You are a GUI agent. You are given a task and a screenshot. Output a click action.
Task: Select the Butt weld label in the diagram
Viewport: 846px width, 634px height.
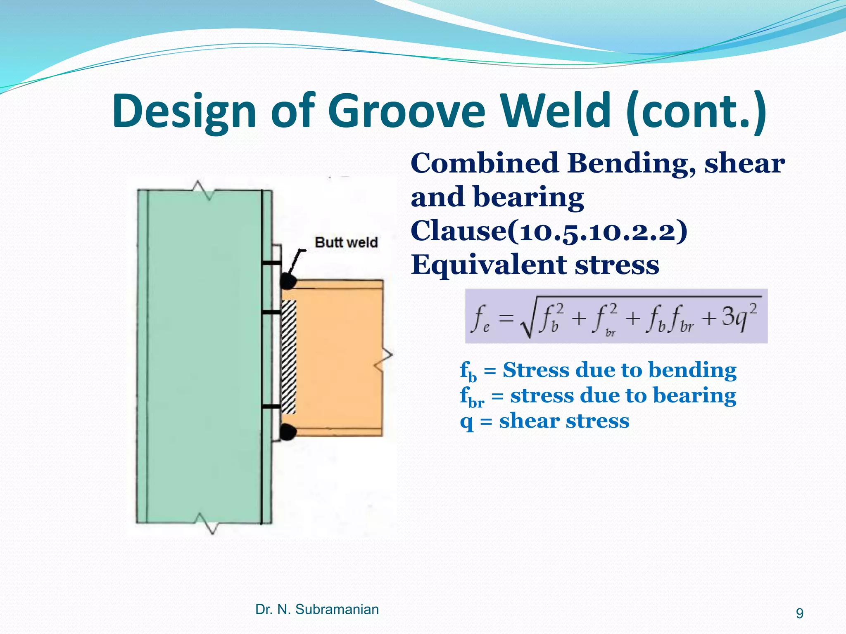click(346, 242)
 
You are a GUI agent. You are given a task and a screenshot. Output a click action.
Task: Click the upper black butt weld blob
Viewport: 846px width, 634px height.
click(288, 282)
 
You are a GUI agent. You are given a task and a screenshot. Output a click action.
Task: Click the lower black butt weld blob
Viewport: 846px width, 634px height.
click(288, 432)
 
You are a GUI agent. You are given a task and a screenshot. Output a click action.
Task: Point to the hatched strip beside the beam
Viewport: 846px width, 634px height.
click(289, 357)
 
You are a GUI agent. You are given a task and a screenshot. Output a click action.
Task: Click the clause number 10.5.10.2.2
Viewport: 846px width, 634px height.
click(597, 231)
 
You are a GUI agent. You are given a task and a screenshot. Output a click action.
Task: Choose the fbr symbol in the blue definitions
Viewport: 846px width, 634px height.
click(472, 396)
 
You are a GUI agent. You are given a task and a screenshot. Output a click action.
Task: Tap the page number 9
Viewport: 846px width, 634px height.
click(800, 613)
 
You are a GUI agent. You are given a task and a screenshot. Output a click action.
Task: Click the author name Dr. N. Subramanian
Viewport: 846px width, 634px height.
click(317, 609)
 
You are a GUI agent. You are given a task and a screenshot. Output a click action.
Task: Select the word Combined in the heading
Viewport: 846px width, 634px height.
click(485, 163)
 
